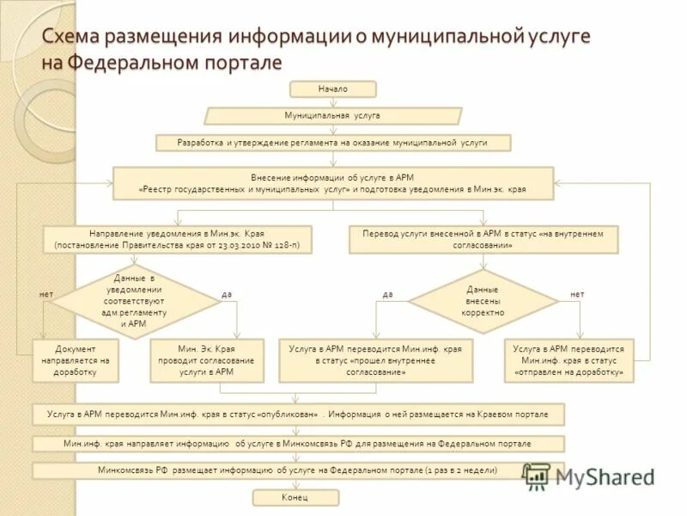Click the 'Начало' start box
pyautogui.click(x=332, y=89)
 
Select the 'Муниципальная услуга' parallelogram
pyautogui.click(x=332, y=115)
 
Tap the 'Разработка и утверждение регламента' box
pyautogui.click(x=332, y=142)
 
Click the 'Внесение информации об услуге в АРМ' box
pyautogui.click(x=332, y=182)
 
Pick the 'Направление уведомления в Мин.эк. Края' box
pyautogui.click(x=177, y=239)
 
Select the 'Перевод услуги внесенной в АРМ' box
pyautogui.click(x=483, y=239)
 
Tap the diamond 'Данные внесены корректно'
pyautogui.click(x=482, y=301)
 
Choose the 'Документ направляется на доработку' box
pyautogui.click(x=75, y=360)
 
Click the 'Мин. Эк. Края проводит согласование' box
pyautogui.click(x=206, y=360)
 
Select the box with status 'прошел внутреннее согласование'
pyautogui.click(x=375, y=360)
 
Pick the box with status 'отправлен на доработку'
pyautogui.click(x=568, y=360)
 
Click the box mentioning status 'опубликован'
pyautogui.click(x=298, y=414)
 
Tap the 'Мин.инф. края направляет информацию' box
pyautogui.click(x=298, y=444)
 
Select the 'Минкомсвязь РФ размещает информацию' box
pyautogui.click(x=298, y=470)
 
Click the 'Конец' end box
pyautogui.click(x=295, y=498)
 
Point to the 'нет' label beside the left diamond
pyautogui.click(x=46, y=294)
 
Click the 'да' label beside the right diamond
pyautogui.click(x=387, y=294)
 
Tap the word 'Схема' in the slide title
pyautogui.click(x=76, y=37)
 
